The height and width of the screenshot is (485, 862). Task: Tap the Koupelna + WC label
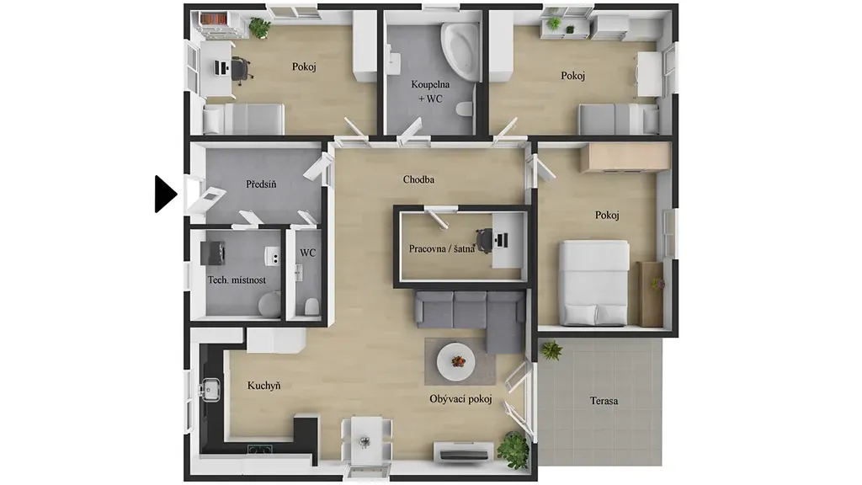tap(430, 92)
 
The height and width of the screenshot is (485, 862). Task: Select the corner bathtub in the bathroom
tap(460, 51)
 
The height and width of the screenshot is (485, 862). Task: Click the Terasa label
tap(604, 401)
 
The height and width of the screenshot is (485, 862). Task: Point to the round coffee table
tap(455, 361)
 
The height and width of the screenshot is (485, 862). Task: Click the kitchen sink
tap(210, 390)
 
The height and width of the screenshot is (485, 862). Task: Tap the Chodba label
tap(418, 179)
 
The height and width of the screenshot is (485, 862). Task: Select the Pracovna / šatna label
tap(441, 248)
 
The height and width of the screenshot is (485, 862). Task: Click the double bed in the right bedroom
tap(593, 283)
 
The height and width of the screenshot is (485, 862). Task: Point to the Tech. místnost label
tap(237, 280)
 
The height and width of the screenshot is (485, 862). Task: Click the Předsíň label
tap(261, 184)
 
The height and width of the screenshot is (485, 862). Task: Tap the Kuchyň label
tap(263, 386)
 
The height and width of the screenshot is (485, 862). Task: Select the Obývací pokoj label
tap(460, 399)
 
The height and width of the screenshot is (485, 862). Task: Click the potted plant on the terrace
tap(551, 349)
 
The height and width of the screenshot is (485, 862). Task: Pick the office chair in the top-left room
tap(241, 69)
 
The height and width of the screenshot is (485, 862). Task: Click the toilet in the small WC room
tap(311, 306)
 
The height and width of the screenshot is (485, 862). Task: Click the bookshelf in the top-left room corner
tap(215, 19)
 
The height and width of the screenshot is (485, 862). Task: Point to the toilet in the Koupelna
tap(465, 109)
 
